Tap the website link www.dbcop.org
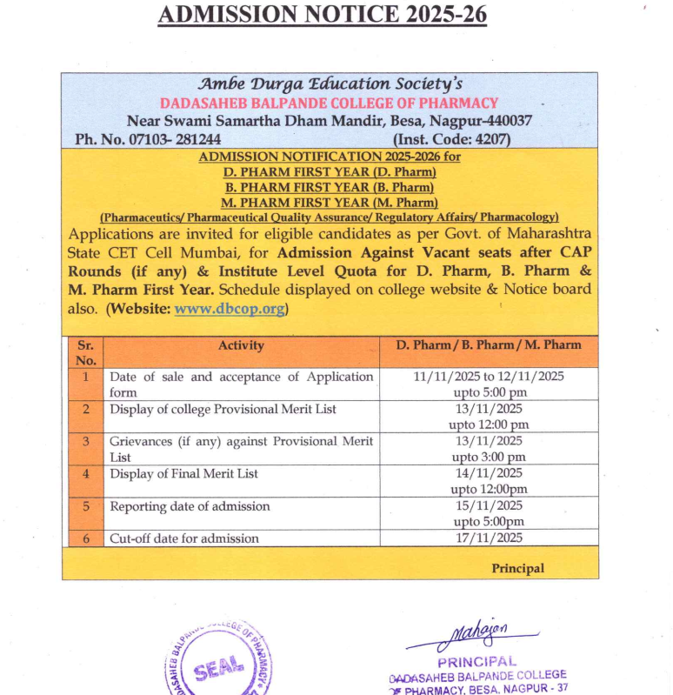230,309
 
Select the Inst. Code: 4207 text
451,139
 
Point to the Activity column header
241,345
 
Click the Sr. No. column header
85,352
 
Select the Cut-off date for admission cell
184,538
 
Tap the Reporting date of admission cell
190,506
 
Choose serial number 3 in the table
85,442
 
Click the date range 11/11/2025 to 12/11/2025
489,377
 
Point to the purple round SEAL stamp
215,666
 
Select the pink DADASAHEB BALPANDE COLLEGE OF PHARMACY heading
329,104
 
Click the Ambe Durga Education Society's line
329,84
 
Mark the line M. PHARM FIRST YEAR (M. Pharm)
329,202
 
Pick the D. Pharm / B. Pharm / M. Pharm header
489,345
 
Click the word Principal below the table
518,568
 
